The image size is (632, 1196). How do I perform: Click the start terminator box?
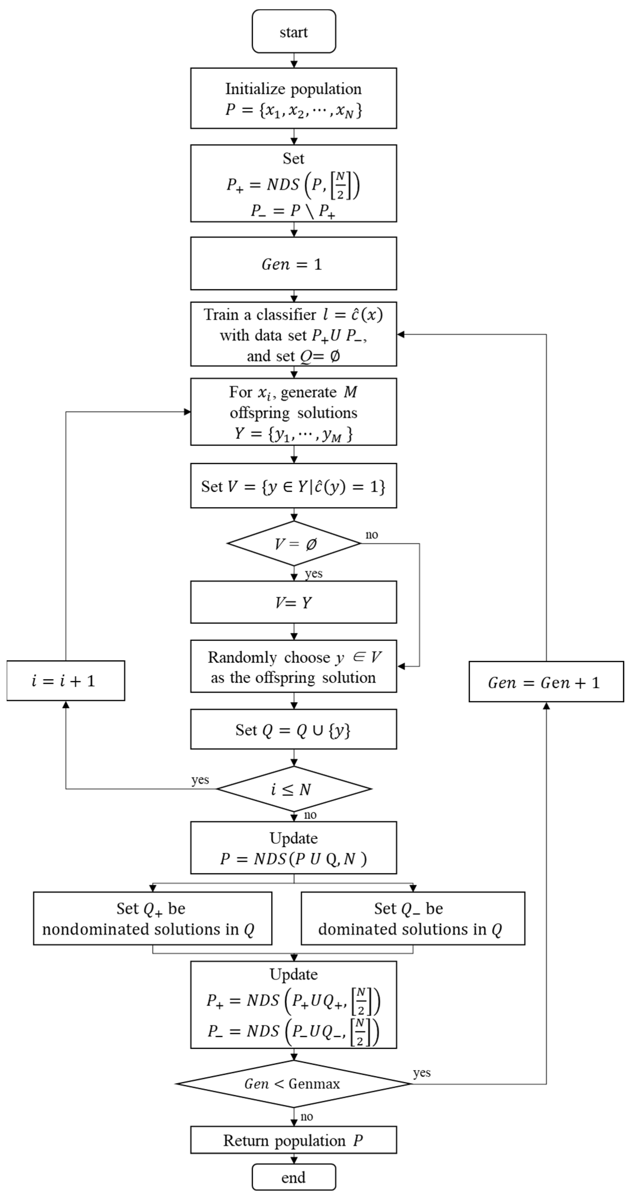(x=293, y=32)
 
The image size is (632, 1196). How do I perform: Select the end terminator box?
(x=293, y=1177)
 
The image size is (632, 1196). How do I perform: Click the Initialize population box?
(x=293, y=98)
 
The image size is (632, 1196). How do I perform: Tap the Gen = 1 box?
(x=293, y=264)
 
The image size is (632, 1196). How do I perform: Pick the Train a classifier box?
(x=293, y=334)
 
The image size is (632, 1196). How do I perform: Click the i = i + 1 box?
(x=65, y=681)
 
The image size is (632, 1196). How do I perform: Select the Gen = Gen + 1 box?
(x=546, y=682)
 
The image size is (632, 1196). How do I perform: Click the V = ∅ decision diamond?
(x=293, y=543)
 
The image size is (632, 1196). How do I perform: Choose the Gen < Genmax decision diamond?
(x=293, y=1084)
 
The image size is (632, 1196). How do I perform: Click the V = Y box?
(x=293, y=602)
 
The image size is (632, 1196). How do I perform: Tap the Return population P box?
(x=293, y=1140)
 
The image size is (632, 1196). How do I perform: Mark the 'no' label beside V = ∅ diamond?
(x=372, y=535)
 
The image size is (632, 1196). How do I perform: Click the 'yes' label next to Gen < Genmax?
(x=422, y=1073)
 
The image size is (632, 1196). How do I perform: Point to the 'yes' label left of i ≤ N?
(x=200, y=780)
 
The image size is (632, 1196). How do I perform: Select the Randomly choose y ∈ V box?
(x=293, y=667)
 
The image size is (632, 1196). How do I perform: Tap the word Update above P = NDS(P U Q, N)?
(x=293, y=838)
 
